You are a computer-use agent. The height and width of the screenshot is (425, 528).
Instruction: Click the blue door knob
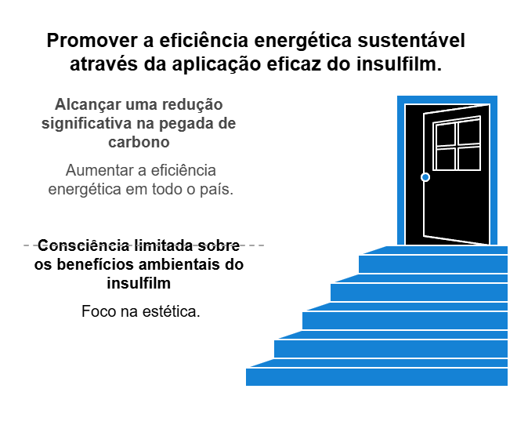coord(425,177)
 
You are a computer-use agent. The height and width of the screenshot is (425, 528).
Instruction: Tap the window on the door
coord(457,143)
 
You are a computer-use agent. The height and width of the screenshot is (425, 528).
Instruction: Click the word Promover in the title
coord(92,41)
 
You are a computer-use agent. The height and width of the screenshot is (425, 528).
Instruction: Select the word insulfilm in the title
coord(399,64)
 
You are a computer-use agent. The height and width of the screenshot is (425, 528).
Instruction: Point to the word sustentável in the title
coord(411,41)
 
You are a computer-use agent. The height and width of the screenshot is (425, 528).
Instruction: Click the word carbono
coord(139,142)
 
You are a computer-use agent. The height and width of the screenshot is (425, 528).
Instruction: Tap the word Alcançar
coord(88,105)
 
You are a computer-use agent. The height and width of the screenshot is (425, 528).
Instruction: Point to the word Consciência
coord(83,245)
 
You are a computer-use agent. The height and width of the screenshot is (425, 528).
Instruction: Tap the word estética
coord(172,311)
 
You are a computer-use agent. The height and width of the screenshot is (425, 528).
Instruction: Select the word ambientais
coord(179,264)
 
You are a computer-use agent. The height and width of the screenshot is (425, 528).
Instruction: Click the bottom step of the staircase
coord(377,376)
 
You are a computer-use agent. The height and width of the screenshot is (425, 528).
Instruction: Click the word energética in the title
coord(302,41)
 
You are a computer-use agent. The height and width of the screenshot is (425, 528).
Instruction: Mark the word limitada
coord(163,245)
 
